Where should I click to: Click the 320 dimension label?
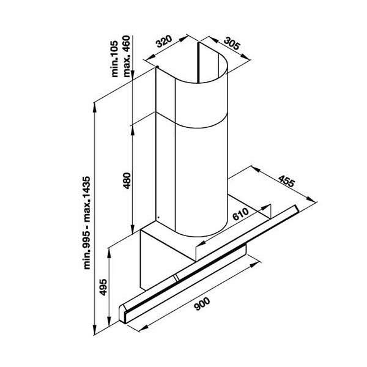point(163,42)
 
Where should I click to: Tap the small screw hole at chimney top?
point(157,68)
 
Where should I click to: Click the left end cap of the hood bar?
point(127,312)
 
